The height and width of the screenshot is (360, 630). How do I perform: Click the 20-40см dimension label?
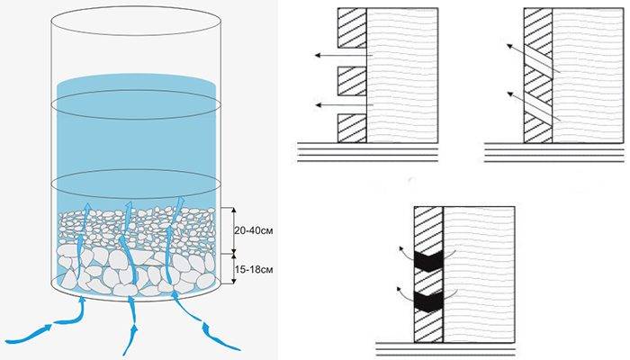click(254, 231)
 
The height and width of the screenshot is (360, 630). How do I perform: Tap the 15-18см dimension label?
click(254, 269)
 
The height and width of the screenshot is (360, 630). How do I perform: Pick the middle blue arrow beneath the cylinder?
click(131, 326)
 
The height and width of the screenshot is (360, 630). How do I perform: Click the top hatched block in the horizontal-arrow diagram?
click(352, 29)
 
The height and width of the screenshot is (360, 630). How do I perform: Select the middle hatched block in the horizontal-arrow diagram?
click(352, 81)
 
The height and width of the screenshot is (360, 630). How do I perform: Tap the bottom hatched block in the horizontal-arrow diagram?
click(352, 128)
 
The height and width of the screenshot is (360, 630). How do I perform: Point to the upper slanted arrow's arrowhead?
click(509, 46)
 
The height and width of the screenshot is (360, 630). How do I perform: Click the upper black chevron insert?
click(428, 261)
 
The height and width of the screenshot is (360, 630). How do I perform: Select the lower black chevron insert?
click(428, 302)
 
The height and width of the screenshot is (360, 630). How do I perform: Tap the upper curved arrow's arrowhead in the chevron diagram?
click(400, 248)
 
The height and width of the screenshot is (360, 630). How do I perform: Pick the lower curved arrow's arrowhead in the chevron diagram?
click(400, 289)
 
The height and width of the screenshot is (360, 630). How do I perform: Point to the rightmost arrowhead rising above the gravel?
click(181, 200)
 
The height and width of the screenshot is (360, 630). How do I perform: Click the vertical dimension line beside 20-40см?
click(234, 231)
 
